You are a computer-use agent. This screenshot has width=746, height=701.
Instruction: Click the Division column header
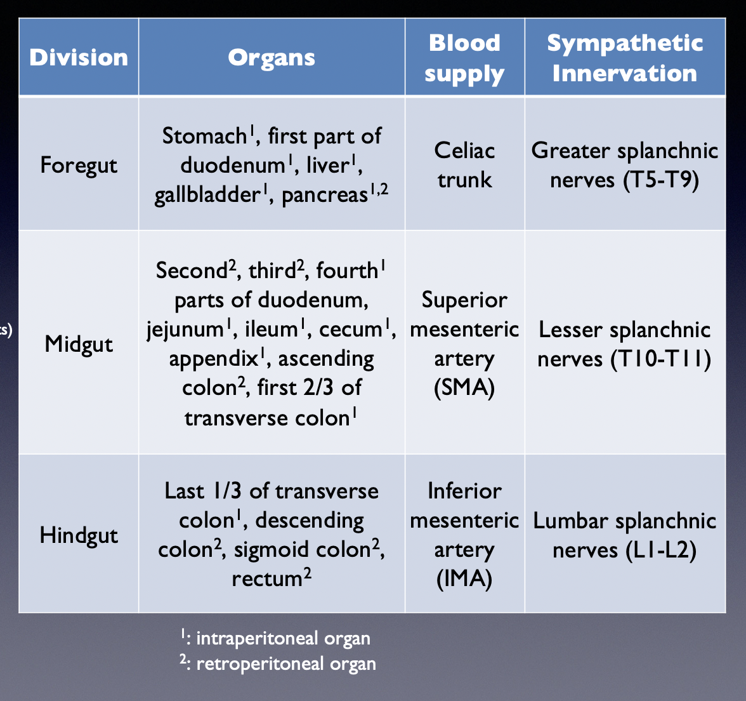point(79,58)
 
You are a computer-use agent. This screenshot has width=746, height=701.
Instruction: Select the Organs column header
point(272,58)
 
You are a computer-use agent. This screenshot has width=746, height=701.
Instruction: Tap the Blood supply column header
point(464,58)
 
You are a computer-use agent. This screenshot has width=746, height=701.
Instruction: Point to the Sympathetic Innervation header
point(625,58)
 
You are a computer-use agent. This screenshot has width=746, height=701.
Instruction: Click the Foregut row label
point(79,165)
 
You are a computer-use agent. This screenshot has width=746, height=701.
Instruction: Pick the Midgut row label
point(79,344)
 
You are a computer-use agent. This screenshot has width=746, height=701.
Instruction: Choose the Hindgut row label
point(79,535)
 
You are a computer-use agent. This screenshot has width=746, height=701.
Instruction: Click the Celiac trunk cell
point(464,165)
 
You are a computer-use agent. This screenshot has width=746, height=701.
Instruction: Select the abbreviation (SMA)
point(464,387)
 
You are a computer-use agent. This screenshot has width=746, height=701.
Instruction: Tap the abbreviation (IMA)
point(464,579)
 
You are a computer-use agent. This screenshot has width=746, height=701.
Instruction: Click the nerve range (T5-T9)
point(661,180)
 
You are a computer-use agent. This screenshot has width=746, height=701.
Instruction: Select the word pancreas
point(324,195)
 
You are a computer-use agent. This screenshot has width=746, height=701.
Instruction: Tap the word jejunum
point(185,330)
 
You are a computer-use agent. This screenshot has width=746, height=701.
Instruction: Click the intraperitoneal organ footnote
point(275,638)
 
